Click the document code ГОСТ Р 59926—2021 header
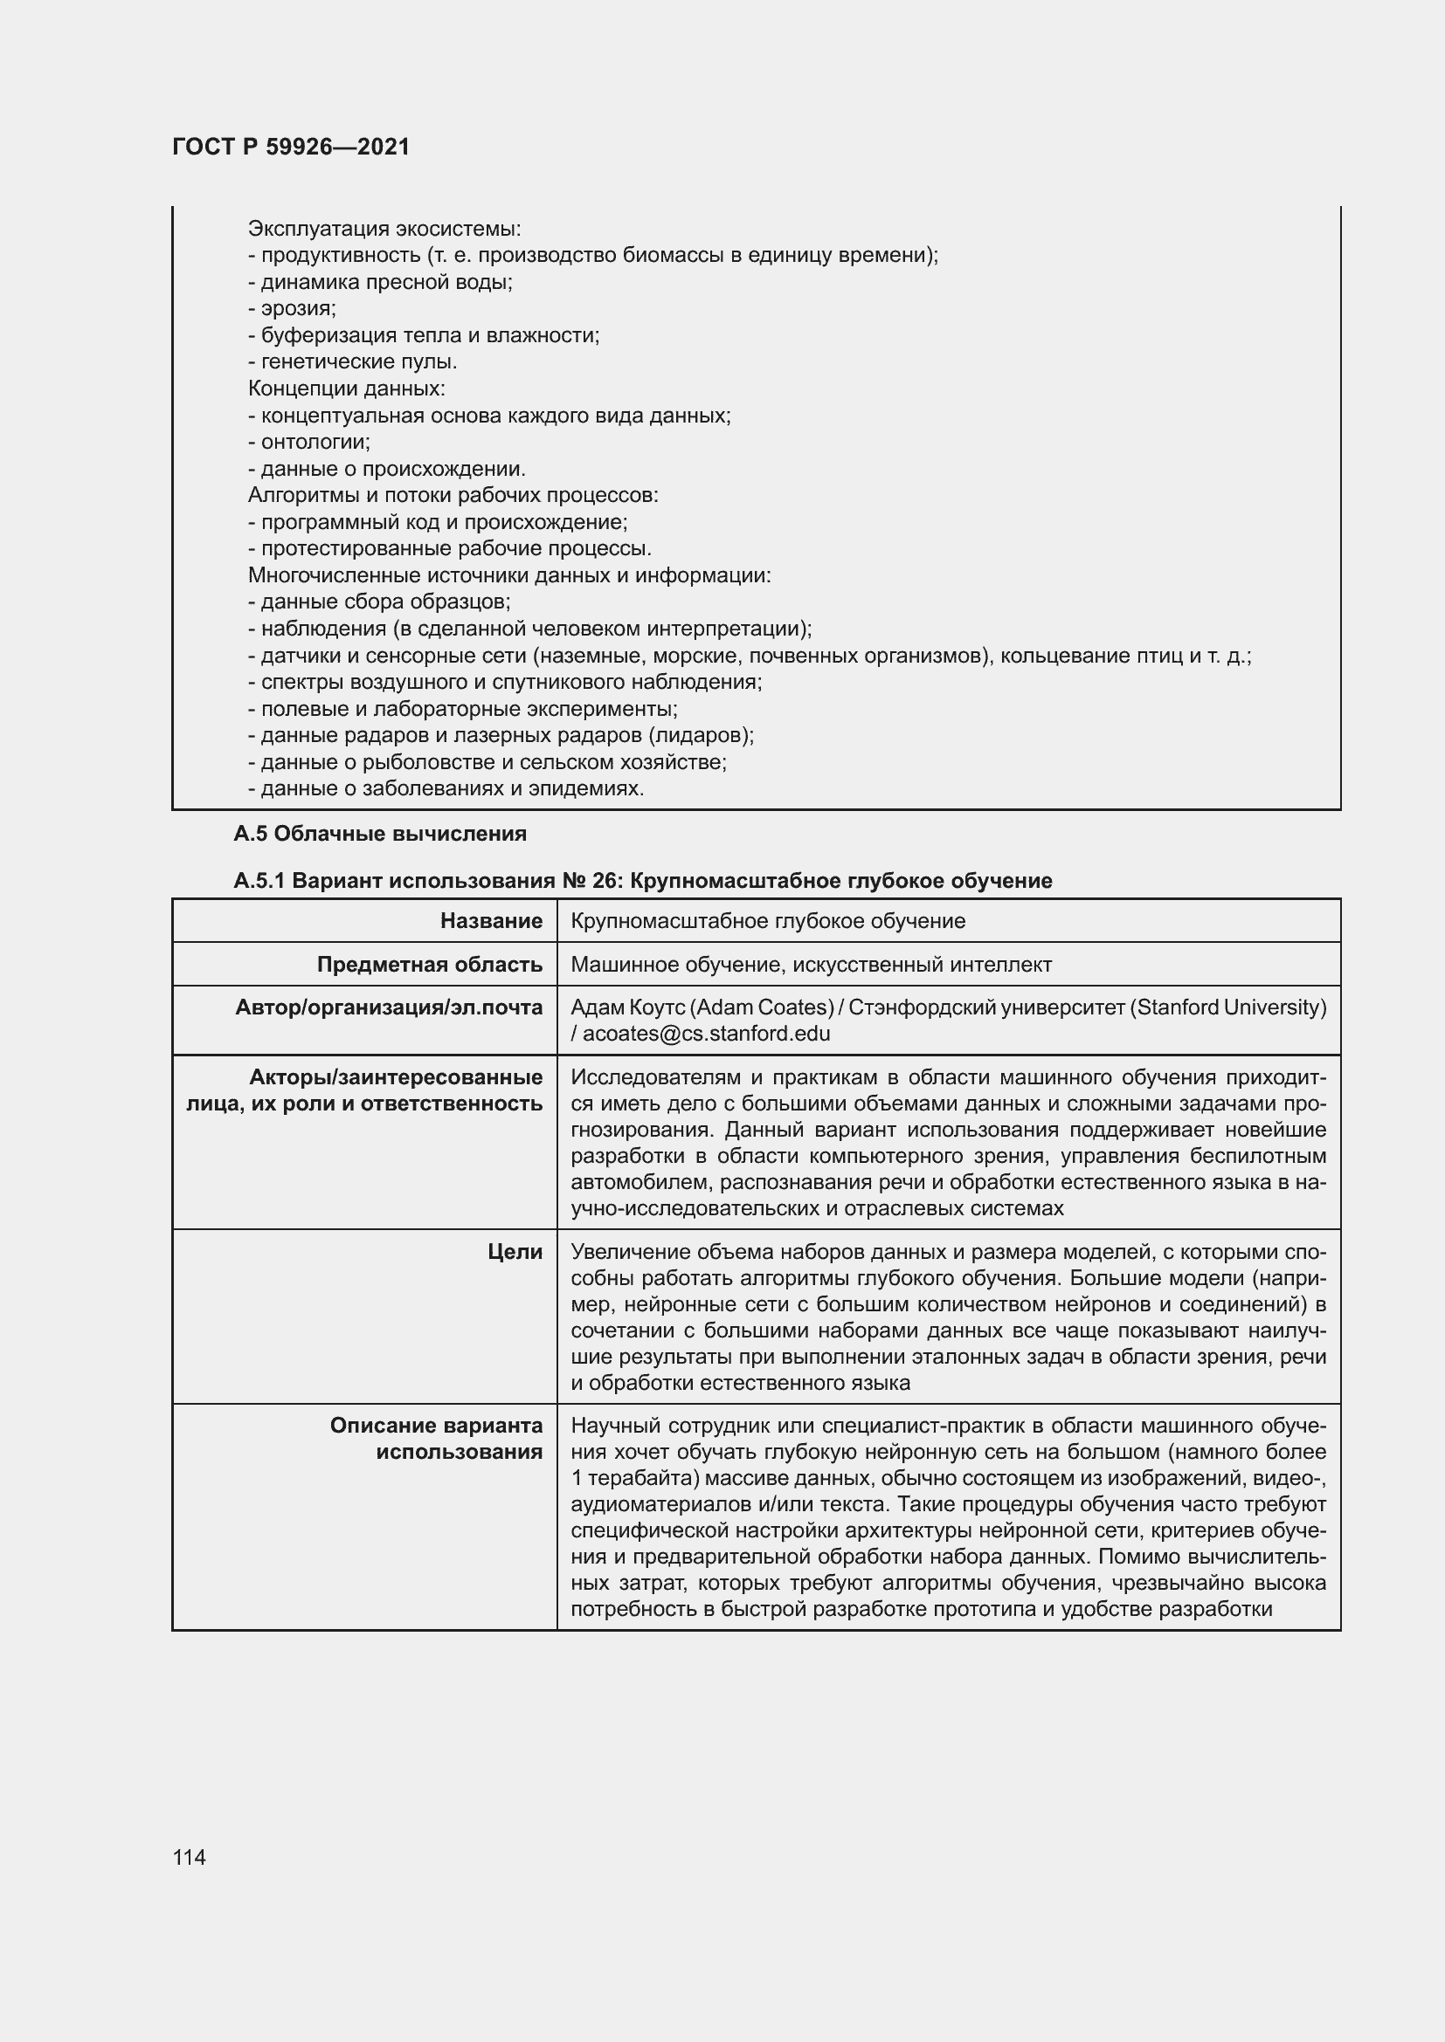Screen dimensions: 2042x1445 coord(291,147)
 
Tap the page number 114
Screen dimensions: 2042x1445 coord(190,1857)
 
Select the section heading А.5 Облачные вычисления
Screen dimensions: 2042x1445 coord(380,834)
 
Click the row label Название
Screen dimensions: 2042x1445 coord(491,920)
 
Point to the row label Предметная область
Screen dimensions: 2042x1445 coord(430,964)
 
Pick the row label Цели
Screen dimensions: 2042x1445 coord(515,1252)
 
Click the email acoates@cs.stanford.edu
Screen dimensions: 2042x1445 coord(707,1034)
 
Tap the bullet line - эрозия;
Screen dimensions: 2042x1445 coord(292,308)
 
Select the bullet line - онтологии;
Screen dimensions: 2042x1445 coord(308,442)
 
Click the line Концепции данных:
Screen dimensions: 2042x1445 coord(346,388)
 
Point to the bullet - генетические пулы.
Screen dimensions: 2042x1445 coord(352,362)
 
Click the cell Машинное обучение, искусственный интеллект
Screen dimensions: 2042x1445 coord(811,964)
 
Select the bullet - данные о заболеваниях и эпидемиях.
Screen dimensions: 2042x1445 coord(446,789)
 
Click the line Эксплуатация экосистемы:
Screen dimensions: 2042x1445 coord(384,229)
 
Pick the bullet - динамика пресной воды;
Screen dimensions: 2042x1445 coord(380,282)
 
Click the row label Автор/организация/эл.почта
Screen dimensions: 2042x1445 coord(389,1007)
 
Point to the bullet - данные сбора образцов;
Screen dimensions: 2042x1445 coord(379,602)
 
